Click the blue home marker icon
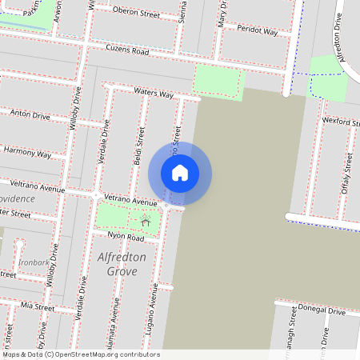click(180, 172)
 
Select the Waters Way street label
click(154, 94)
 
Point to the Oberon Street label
click(137, 13)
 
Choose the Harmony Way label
click(27, 152)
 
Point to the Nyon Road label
click(126, 238)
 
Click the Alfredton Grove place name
click(122, 264)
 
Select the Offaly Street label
click(347, 170)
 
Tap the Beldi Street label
click(141, 146)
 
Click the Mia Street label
click(38, 306)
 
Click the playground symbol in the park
click(145, 218)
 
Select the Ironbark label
click(34, 262)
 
